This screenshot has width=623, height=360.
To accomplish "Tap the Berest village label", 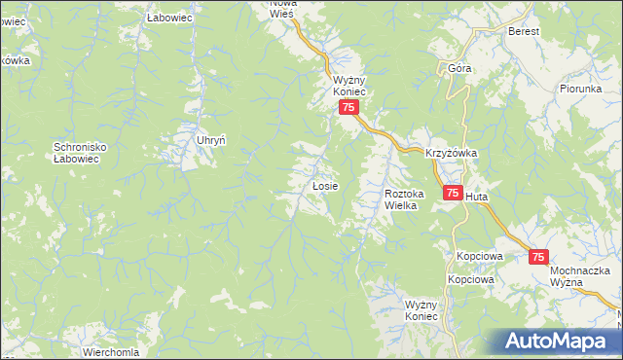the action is click(523, 30).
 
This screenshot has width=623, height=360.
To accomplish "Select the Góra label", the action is click(459, 68).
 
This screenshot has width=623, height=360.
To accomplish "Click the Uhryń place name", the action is click(211, 140).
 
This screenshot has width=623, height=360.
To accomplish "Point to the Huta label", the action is click(477, 197).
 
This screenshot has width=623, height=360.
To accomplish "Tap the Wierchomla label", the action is click(111, 352).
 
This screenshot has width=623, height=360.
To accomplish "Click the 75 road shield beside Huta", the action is click(452, 195).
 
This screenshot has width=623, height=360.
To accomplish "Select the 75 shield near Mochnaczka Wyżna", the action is click(539, 257).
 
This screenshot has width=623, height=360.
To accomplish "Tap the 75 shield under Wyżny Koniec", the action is click(348, 108).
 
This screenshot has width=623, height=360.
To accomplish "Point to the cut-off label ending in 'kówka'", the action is click(16, 60).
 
